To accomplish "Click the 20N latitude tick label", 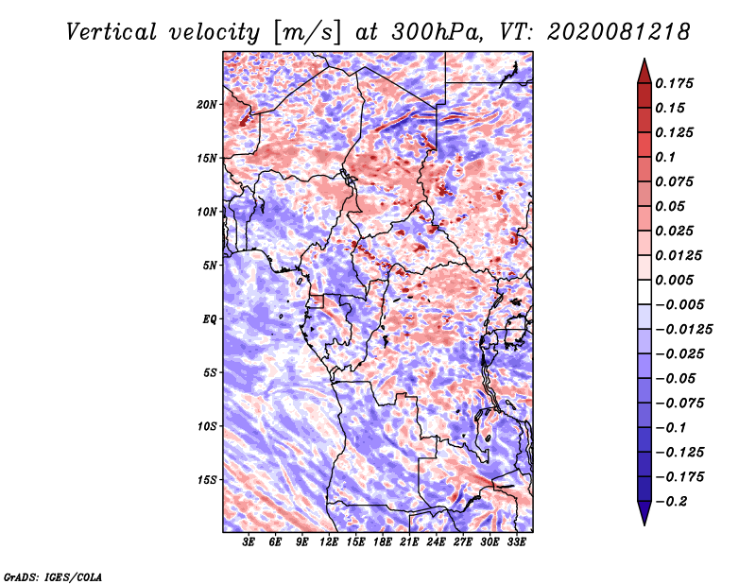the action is [x=207, y=105].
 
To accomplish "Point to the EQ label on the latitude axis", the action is [x=210, y=319].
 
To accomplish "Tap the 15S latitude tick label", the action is [x=207, y=480].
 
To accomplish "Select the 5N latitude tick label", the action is [x=210, y=266].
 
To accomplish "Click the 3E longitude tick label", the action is [x=248, y=542].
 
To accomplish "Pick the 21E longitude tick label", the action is [x=409, y=542].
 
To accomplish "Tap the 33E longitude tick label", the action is [x=516, y=542].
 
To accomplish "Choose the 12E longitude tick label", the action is [x=329, y=542].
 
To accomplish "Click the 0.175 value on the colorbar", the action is [x=675, y=83].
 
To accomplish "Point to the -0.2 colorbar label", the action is [x=671, y=502].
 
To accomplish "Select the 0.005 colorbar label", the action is [x=675, y=280].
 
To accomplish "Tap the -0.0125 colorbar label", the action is [x=683, y=330].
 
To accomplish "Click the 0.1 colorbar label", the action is [x=665, y=157].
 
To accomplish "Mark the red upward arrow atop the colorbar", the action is [x=644, y=71].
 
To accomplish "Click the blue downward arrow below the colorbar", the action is [x=644, y=513].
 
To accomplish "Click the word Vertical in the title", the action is [x=112, y=32].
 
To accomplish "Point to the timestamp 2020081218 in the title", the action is [x=619, y=32].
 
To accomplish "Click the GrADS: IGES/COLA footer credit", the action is [x=53, y=576].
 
